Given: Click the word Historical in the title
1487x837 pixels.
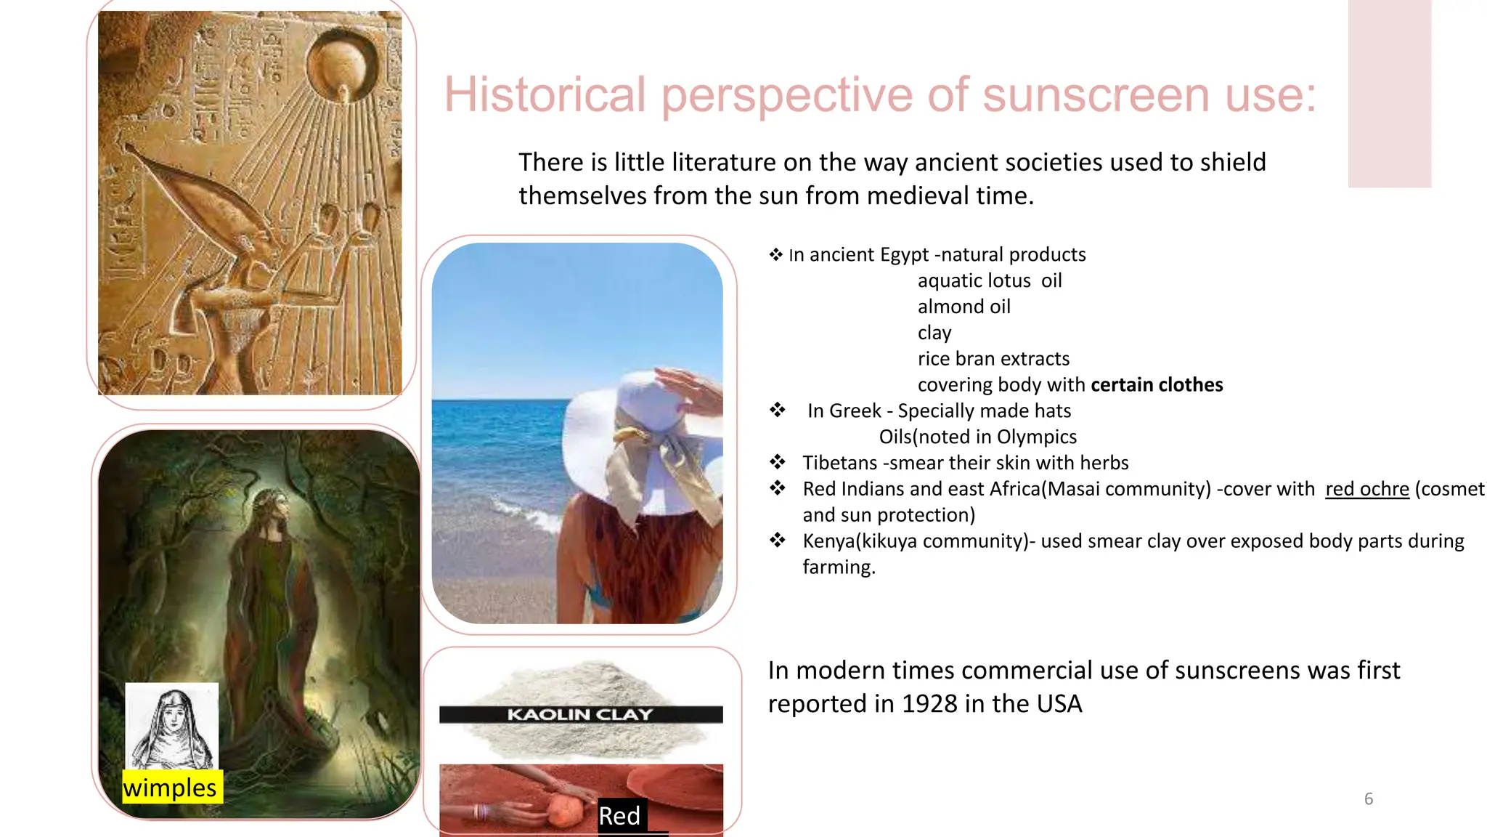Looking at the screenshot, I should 545,94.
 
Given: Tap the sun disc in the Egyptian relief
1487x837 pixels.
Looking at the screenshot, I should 343,64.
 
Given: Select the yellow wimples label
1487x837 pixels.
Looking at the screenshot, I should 171,788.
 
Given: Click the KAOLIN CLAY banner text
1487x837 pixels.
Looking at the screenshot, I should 580,714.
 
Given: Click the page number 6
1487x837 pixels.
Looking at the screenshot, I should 1369,799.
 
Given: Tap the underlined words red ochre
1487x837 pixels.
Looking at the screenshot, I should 1367,489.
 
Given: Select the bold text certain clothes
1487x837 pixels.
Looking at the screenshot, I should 1157,385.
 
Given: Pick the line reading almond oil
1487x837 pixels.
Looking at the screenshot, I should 964,307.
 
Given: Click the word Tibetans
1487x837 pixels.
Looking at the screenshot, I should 840,463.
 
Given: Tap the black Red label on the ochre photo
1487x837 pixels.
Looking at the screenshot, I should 619,816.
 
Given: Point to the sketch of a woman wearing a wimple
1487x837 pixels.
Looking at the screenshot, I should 173,727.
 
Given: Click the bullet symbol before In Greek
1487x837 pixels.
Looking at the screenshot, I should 778,411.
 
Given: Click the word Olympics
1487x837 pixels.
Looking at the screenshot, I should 1036,437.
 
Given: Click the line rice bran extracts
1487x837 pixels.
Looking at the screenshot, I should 993,359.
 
